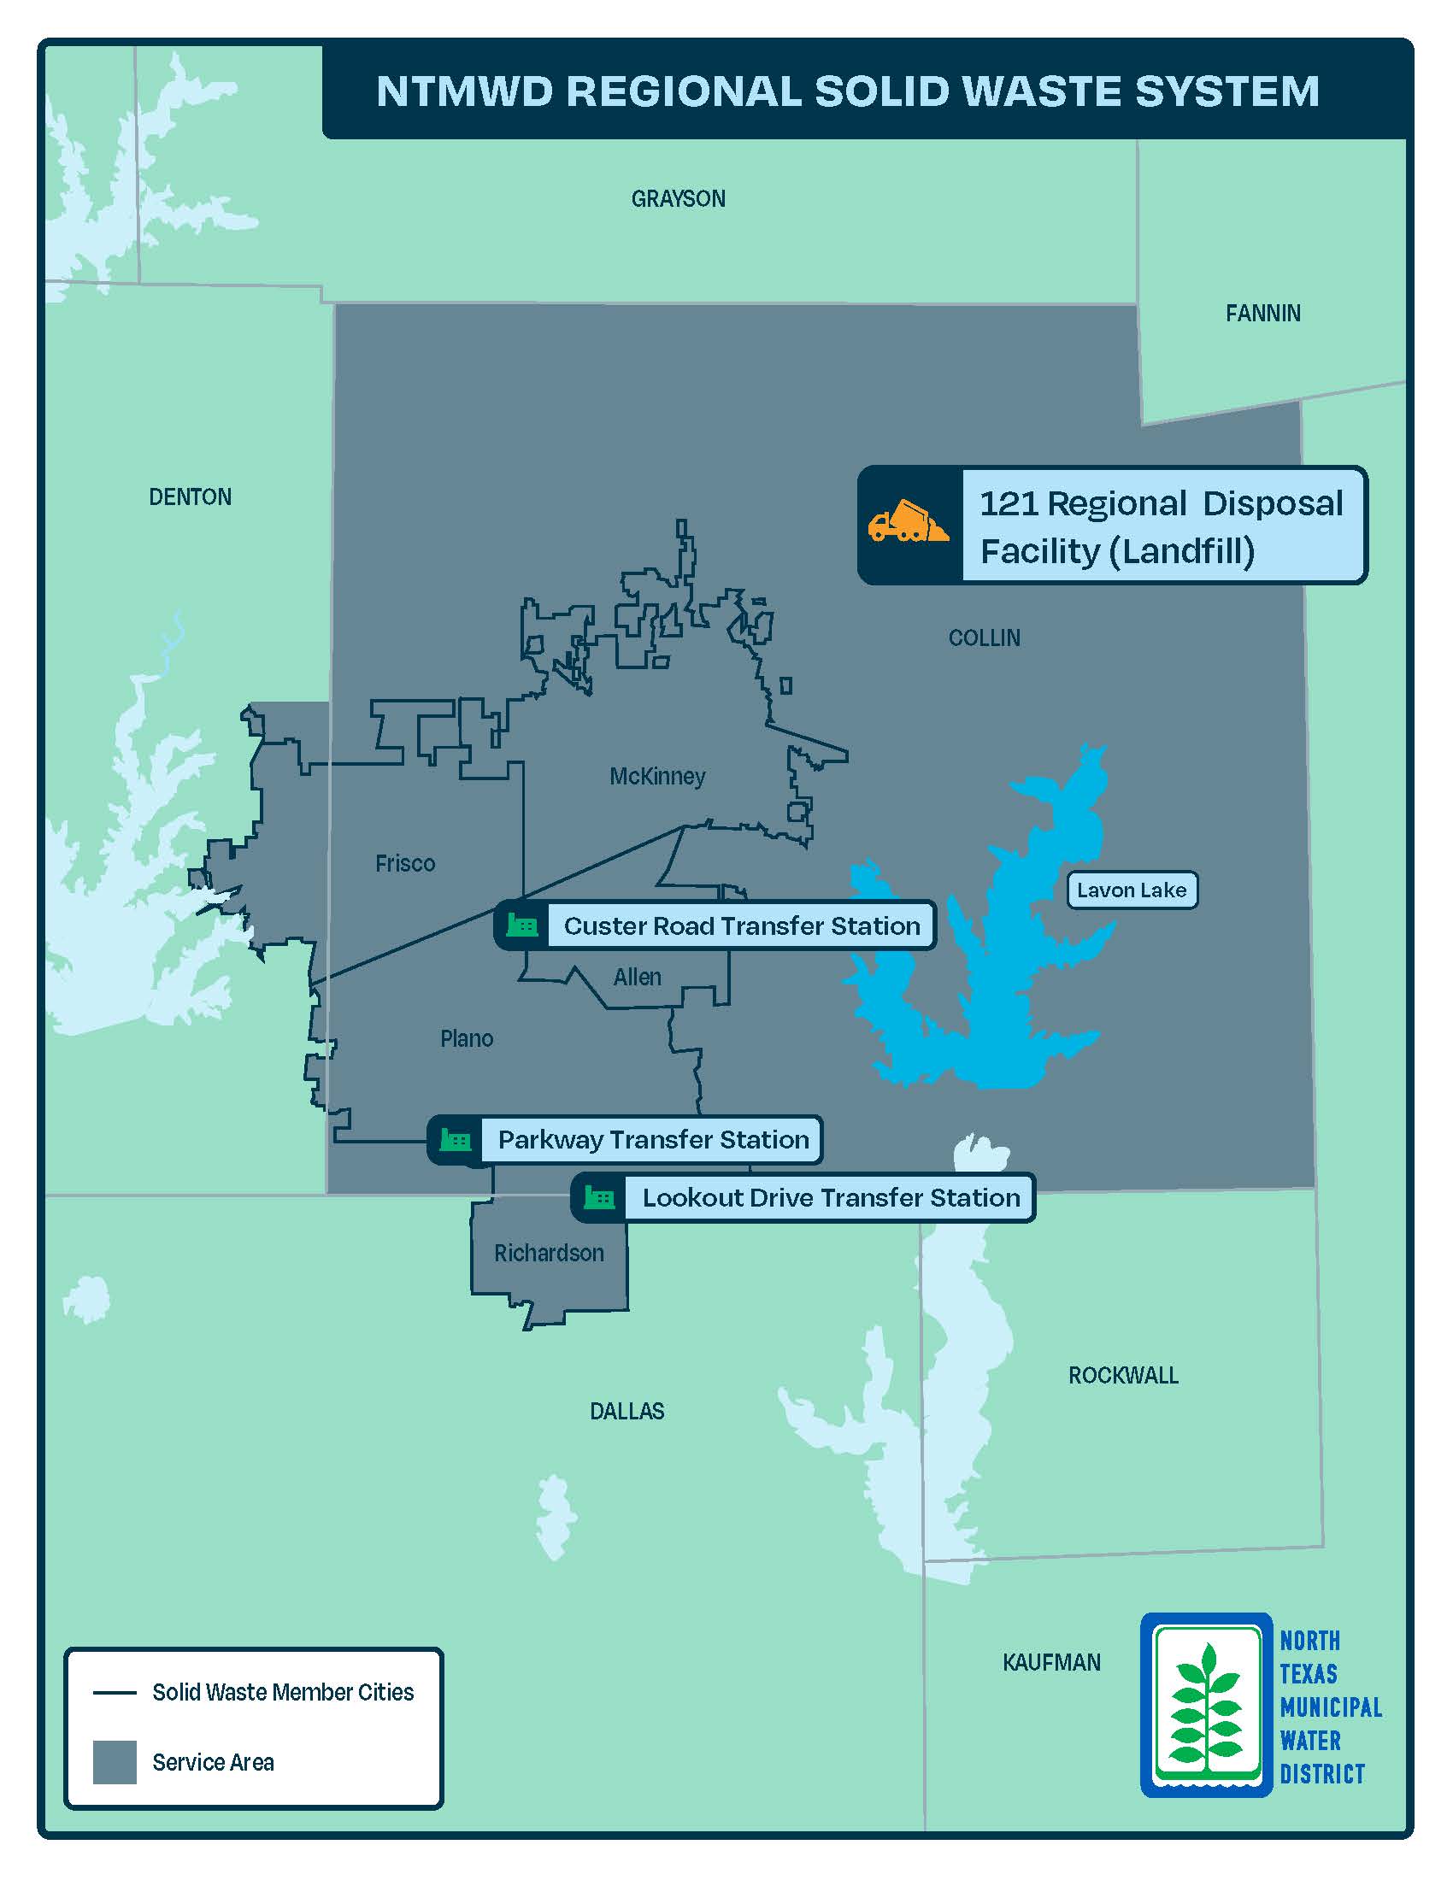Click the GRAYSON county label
[679, 199]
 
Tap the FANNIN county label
[1262, 314]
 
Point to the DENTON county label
[191, 496]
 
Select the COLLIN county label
[984, 637]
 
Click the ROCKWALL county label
[1123, 1375]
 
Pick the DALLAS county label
[626, 1411]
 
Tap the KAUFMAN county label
[1051, 1662]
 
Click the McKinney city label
[657, 777]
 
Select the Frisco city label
[405, 863]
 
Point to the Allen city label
[637, 977]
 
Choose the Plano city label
[467, 1039]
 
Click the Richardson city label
[550, 1253]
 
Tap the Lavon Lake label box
[1131, 890]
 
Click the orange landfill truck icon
[908, 521]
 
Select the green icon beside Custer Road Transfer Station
[521, 925]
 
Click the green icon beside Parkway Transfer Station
[456, 1140]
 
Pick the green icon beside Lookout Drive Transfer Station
[599, 1197]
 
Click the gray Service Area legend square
[115, 1761]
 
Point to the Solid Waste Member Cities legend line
[115, 1692]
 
